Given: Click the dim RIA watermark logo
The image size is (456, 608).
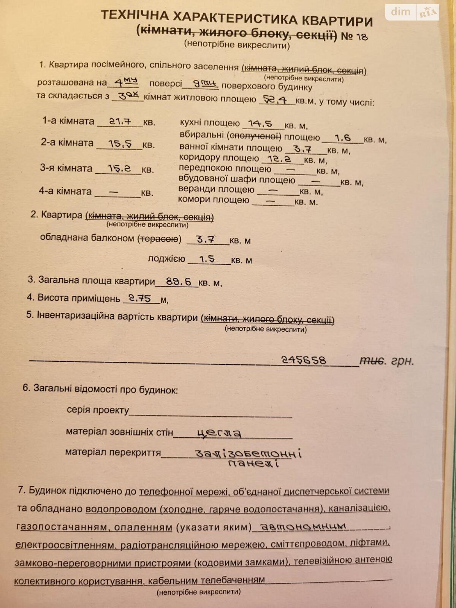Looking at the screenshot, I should click(412, 12).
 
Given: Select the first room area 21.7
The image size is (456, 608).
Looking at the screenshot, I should click(120, 122).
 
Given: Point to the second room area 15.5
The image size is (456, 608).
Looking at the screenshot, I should click(120, 144).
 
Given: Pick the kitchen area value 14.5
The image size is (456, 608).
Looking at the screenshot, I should click(260, 123).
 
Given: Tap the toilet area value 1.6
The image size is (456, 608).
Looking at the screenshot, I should click(342, 138).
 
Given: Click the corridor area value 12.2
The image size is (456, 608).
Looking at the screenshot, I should click(279, 159).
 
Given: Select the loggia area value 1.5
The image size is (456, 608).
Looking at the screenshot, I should click(207, 259).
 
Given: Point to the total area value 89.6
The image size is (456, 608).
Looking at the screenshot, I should click(179, 282).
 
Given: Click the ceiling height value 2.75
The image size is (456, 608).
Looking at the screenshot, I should click(139, 299).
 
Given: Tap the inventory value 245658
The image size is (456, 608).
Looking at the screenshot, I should click(304, 359).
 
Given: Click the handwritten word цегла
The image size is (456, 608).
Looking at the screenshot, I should click(219, 433).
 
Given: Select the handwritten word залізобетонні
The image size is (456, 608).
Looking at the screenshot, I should click(248, 453).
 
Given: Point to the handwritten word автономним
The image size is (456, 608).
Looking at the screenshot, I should click(304, 527).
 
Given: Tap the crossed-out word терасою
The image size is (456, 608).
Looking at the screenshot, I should click(159, 239).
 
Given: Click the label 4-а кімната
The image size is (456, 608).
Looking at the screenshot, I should click(65, 191).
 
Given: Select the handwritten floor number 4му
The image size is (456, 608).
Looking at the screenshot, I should click(126, 82).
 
